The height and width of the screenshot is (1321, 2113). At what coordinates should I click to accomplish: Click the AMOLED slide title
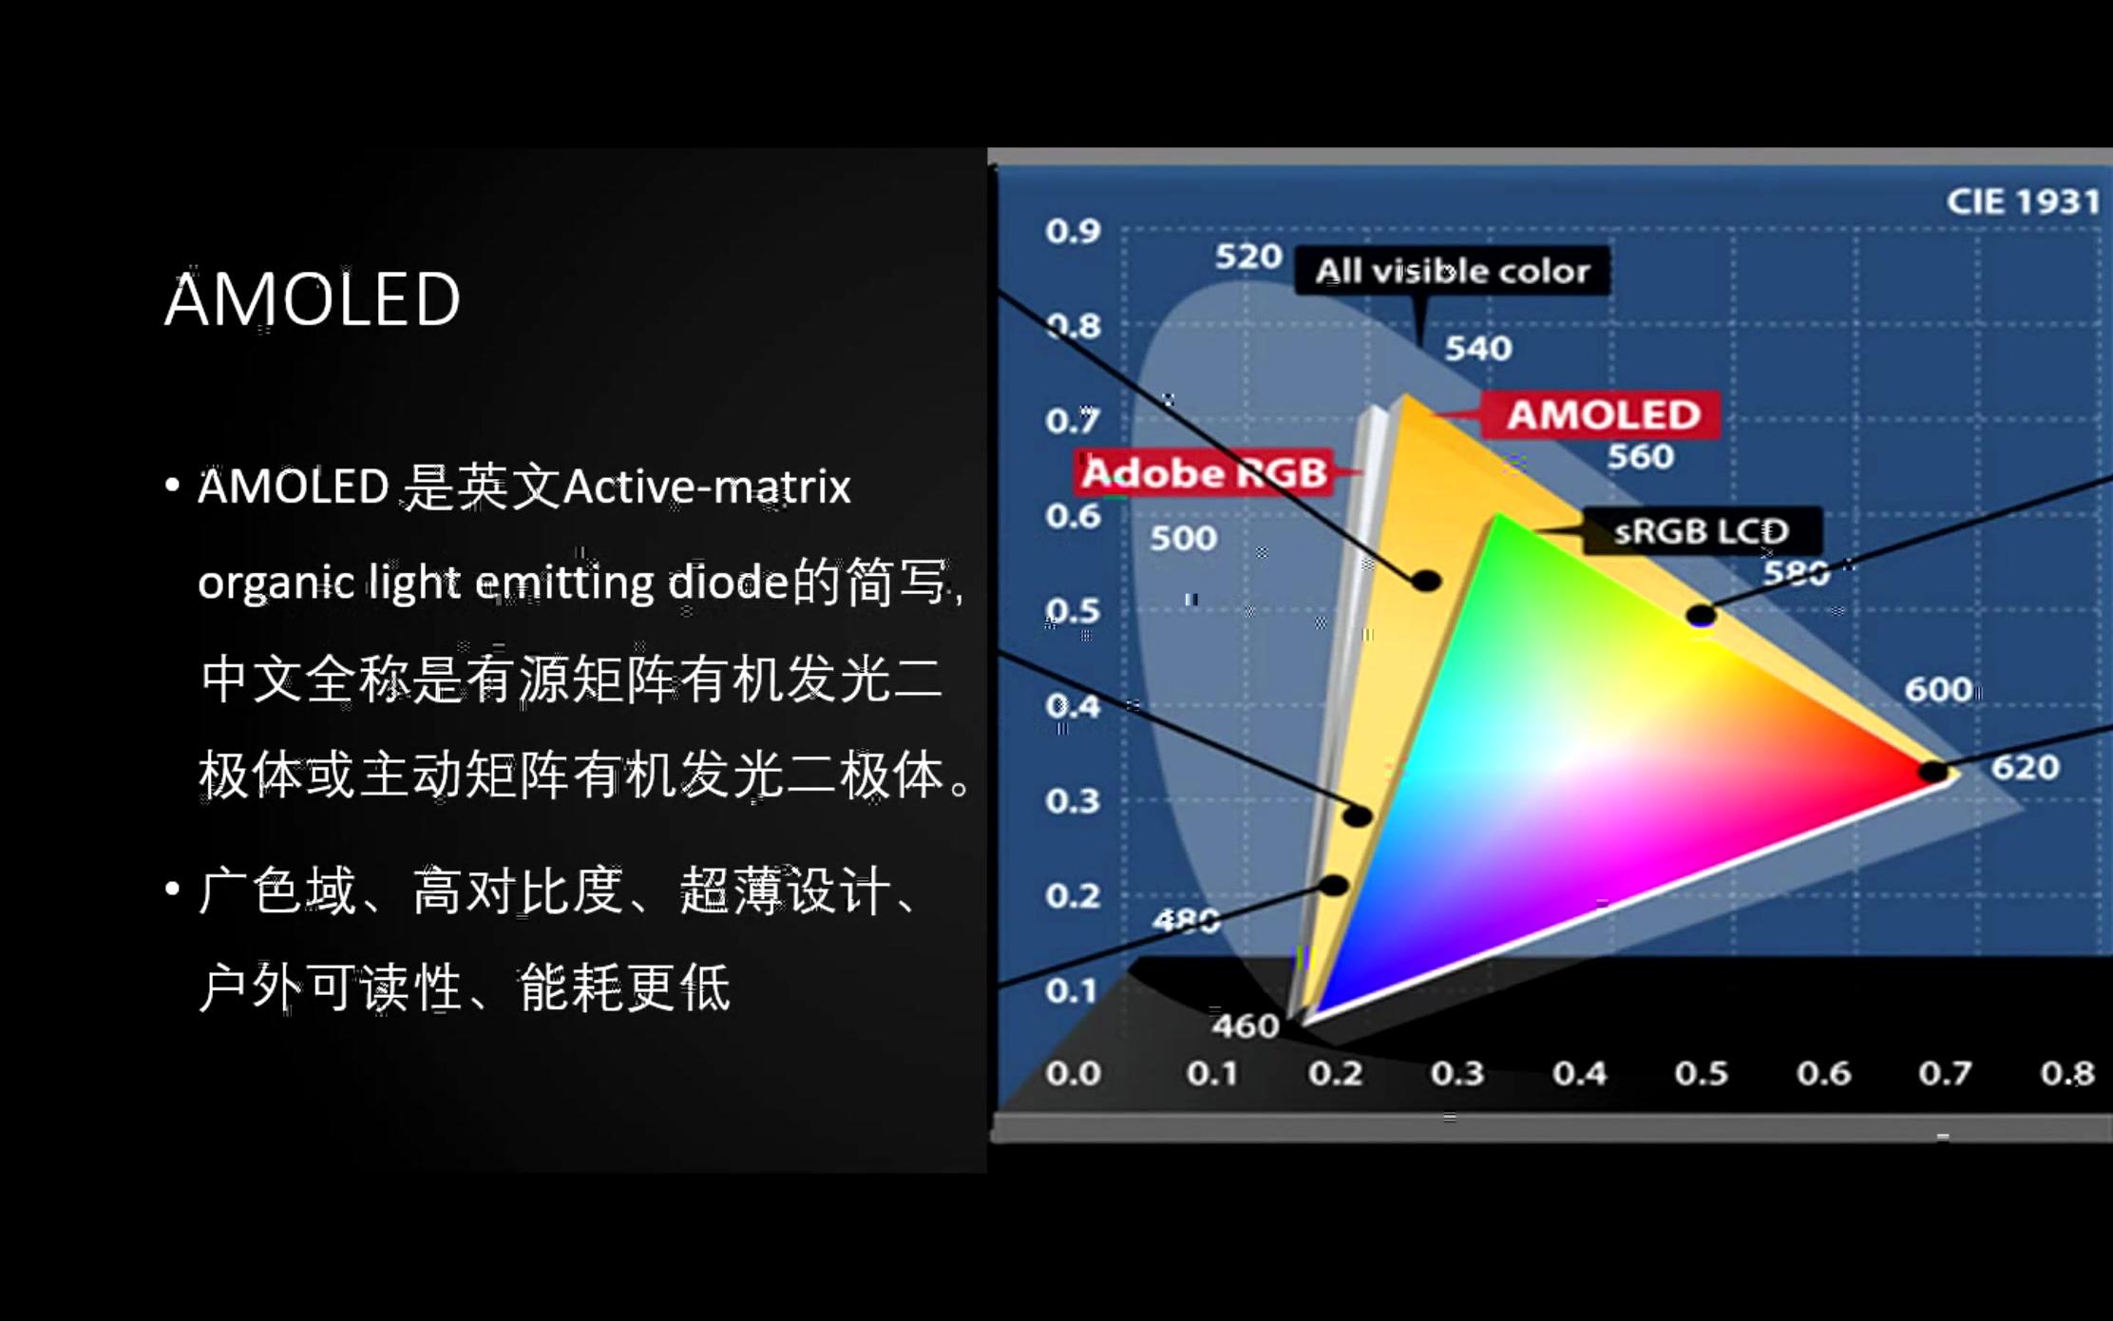coord(313,299)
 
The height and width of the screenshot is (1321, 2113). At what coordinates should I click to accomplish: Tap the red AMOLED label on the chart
coord(1604,415)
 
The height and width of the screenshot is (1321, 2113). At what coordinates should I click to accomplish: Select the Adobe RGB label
coord(1205,472)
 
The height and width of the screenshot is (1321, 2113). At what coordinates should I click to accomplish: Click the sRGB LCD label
coord(1701,531)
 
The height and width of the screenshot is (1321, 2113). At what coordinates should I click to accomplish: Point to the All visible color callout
coord(1452,272)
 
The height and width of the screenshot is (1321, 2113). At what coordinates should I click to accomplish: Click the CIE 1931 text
coord(2022,201)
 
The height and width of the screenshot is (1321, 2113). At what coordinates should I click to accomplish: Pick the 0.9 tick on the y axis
coord(1073,231)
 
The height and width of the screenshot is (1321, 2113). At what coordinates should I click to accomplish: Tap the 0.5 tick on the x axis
coord(1701,1074)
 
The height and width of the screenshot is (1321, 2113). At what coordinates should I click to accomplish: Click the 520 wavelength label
coord(1248,257)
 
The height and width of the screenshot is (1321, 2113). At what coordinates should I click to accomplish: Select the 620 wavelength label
coord(2025,767)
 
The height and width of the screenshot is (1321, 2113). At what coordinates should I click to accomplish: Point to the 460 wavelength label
coord(1246,1026)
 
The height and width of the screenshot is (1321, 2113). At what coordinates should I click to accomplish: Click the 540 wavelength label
coord(1478,349)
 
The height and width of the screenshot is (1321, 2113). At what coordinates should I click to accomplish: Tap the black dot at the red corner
coord(1932,772)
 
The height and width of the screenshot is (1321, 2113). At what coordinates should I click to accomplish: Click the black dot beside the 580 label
coord(1701,616)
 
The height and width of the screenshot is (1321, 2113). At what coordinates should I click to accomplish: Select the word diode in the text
coord(728,582)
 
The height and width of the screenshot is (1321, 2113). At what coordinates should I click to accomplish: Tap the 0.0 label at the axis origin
coord(1073,1074)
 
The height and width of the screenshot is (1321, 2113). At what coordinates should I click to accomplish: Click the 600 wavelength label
coord(1938,690)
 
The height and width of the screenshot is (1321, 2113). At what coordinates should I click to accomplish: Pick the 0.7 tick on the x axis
coord(1945,1074)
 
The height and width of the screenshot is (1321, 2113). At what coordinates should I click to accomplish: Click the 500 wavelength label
coord(1183,539)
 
